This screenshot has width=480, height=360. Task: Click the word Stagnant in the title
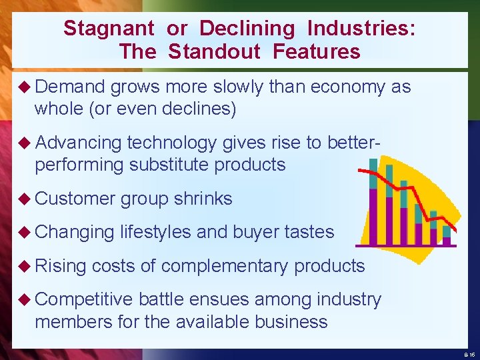click(109, 29)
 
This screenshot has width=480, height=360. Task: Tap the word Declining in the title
click(247, 29)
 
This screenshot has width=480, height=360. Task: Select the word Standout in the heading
click(214, 51)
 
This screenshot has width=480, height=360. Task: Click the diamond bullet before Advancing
click(25, 142)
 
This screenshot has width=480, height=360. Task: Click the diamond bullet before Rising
click(25, 265)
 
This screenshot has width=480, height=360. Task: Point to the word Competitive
click(84, 300)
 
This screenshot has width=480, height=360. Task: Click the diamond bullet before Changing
click(25, 231)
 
